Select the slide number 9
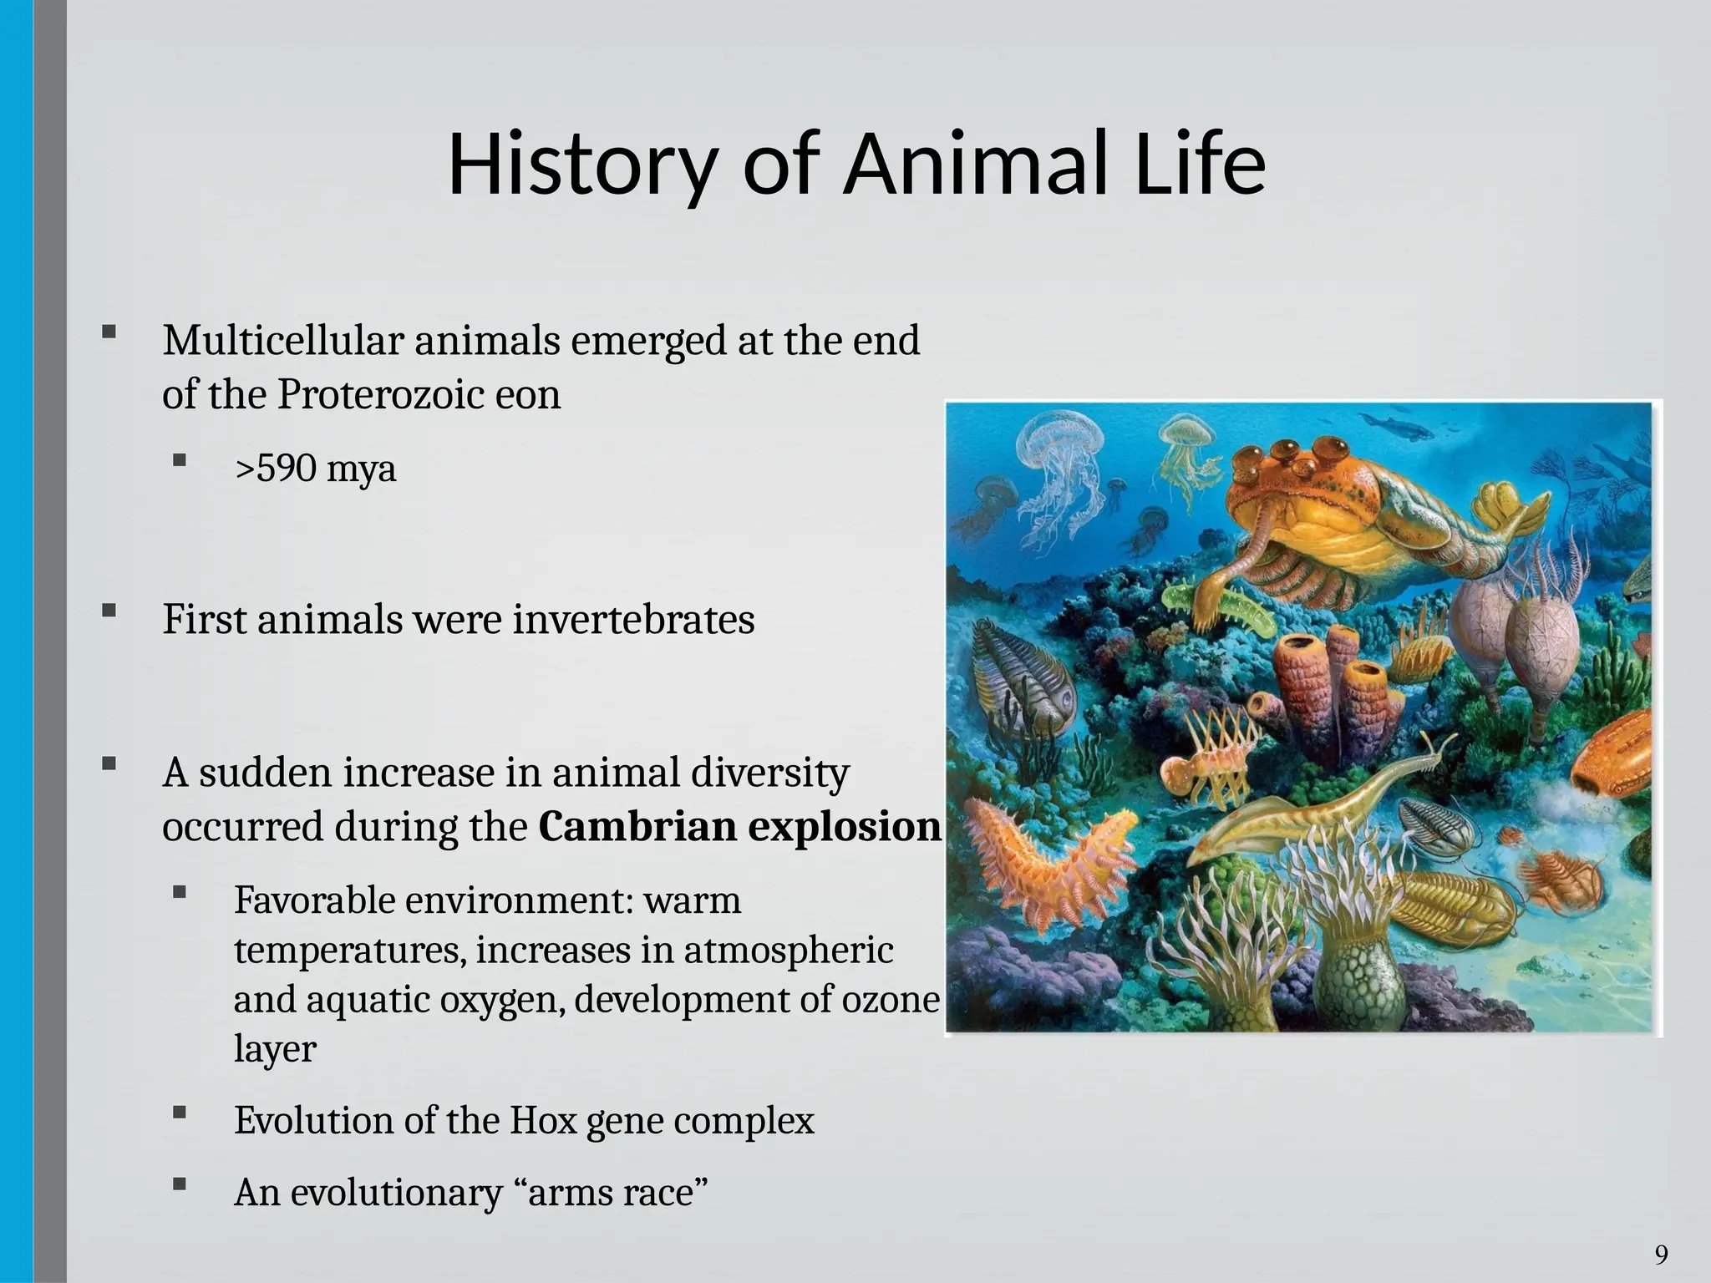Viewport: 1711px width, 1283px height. pyautogui.click(x=1661, y=1254)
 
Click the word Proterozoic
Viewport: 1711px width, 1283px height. pyautogui.click(x=379, y=395)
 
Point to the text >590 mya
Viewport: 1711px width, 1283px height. pyautogui.click(x=315, y=469)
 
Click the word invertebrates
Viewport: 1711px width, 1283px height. pyautogui.click(x=633, y=620)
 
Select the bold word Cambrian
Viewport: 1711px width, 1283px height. pyautogui.click(x=637, y=827)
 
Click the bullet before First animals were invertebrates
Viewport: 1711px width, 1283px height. pyautogui.click(x=109, y=611)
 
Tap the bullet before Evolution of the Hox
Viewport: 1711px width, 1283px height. pyautogui.click(x=179, y=1112)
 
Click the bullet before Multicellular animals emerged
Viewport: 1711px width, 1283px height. pyautogui.click(x=109, y=332)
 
